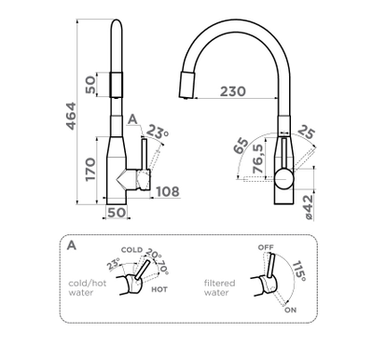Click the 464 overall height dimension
[x=71, y=116]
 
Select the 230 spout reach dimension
[x=233, y=91]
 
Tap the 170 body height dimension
[x=90, y=169]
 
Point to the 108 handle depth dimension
[x=168, y=192]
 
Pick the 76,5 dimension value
[x=258, y=159]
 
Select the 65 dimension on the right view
[x=242, y=145]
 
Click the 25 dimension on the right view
[x=307, y=132]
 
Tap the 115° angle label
[x=299, y=270]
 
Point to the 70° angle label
[x=163, y=267]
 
